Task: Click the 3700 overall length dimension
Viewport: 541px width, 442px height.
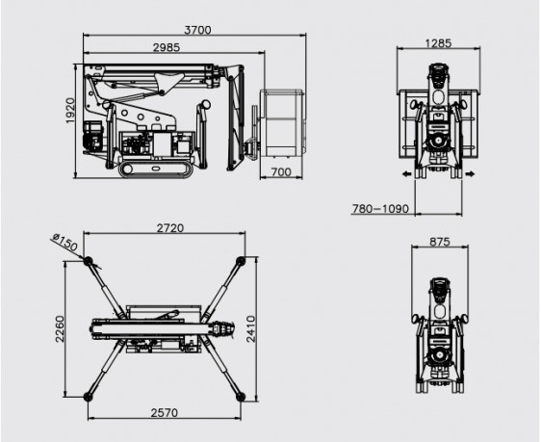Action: tap(197, 30)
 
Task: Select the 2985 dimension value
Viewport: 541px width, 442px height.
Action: tap(167, 47)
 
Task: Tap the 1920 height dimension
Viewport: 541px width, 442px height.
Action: tap(70, 111)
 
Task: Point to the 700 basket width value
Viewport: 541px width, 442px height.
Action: tap(281, 171)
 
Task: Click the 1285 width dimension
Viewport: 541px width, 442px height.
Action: tap(438, 43)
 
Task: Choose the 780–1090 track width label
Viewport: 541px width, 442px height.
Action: tap(380, 209)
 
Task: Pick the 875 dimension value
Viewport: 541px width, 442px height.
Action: tap(440, 242)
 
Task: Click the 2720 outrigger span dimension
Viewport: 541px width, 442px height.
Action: tap(170, 228)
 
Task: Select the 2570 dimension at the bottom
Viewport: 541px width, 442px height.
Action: tap(165, 413)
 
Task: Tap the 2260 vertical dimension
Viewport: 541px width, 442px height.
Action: tap(60, 328)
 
